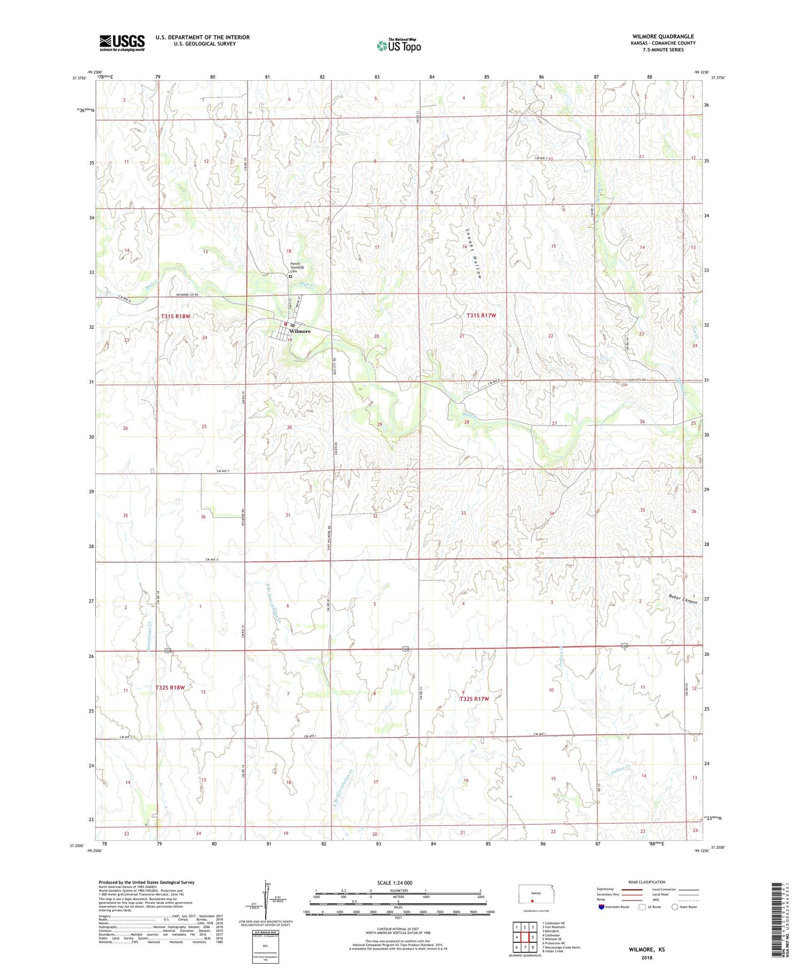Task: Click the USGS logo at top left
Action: (x=122, y=43)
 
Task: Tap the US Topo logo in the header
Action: (x=399, y=46)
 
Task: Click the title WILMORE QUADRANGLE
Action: (x=662, y=36)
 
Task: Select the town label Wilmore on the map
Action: (x=300, y=331)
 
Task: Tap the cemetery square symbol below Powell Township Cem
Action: (x=290, y=277)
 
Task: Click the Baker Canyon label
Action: (x=683, y=599)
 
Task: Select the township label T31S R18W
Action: (x=175, y=316)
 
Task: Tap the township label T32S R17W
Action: (x=474, y=699)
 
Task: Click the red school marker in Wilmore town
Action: (x=286, y=323)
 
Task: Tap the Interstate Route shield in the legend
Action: (x=601, y=906)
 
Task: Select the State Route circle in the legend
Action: (x=675, y=906)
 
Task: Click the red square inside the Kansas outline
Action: (x=532, y=900)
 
